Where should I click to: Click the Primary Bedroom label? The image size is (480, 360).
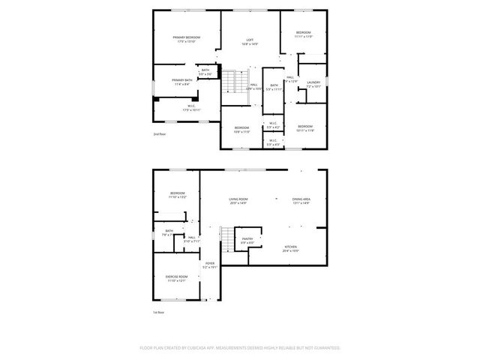click(186, 37)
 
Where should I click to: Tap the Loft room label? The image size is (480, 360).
click(250, 40)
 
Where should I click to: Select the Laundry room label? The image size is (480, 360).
click(313, 82)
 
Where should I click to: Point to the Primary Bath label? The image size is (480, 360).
click(181, 80)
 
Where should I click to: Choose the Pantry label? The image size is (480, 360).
click(247, 239)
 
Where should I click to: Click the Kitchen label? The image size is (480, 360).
click(290, 247)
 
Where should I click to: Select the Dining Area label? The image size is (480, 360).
click(301, 199)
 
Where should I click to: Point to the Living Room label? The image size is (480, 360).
click(238, 199)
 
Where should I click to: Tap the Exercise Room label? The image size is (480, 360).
click(176, 277)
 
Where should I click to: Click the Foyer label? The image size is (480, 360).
click(210, 263)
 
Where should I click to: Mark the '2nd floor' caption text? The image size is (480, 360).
click(159, 133)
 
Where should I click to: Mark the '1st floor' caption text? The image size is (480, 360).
click(158, 312)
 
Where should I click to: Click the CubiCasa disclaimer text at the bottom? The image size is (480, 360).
click(240, 348)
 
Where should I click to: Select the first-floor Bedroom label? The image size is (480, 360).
click(177, 193)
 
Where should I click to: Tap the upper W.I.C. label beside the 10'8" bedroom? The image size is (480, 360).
click(273, 124)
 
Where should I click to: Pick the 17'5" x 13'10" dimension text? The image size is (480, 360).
click(186, 42)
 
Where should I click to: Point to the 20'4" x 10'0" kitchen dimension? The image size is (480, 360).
click(290, 251)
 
